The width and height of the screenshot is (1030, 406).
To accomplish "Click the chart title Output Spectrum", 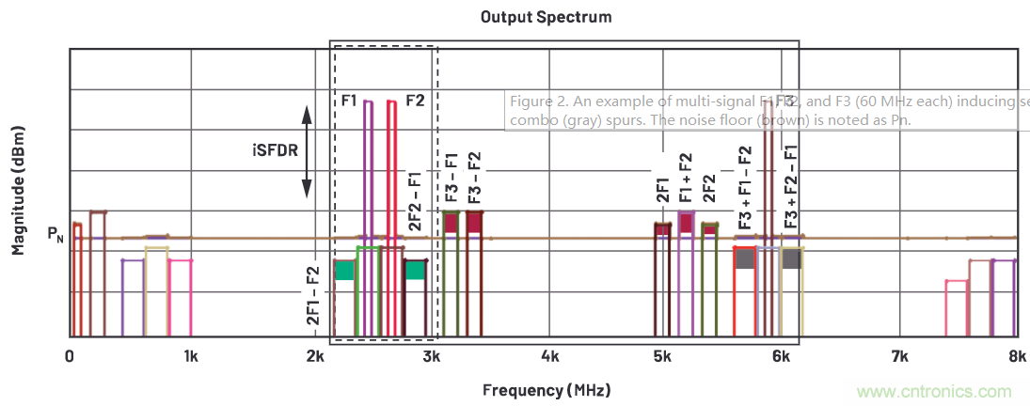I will tap(532, 17).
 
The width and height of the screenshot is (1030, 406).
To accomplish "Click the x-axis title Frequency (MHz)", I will tap(545, 389).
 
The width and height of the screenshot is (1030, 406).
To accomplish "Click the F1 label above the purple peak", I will tap(349, 100).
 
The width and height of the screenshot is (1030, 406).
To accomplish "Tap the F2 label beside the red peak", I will tap(415, 100).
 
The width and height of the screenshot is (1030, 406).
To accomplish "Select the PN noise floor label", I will tap(55, 232).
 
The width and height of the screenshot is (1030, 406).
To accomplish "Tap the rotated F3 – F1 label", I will tap(452, 177).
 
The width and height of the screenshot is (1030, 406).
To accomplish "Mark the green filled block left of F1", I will tap(344, 271).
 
